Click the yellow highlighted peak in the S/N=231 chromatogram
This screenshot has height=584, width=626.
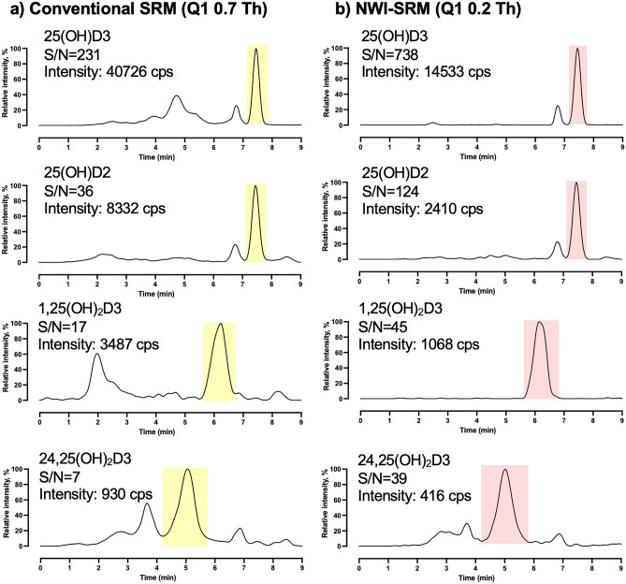pos(256,84)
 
